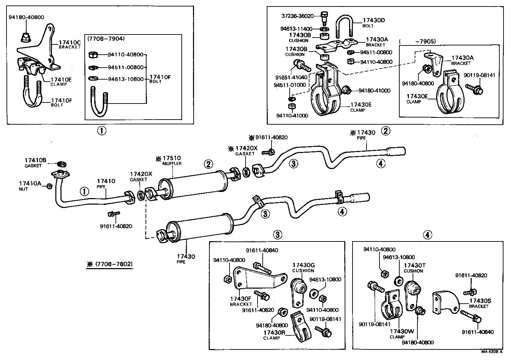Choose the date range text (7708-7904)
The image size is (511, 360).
pyautogui.click(x=106, y=39)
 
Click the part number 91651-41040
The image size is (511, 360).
pyautogui.click(x=291, y=78)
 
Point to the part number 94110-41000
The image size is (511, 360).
pyautogui.click(x=292, y=115)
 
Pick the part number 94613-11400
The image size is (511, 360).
pyautogui.click(x=296, y=29)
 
